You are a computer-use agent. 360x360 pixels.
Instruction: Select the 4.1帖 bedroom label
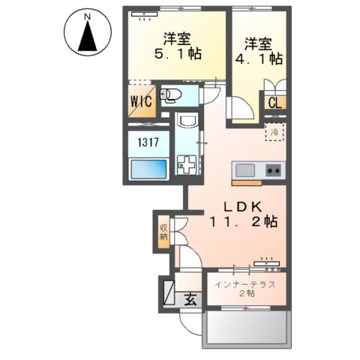pyautogui.click(x=256, y=49)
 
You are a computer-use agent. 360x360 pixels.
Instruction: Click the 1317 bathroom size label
pyautogui.click(x=145, y=141)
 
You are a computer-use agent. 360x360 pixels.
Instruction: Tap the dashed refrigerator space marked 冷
pyautogui.click(x=274, y=133)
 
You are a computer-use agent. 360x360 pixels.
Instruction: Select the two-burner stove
pyautogui.click(x=273, y=169)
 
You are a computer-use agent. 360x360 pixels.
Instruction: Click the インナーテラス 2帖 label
pyautogui.click(x=245, y=289)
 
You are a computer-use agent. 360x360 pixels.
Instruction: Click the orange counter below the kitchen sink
pyautogui.click(x=247, y=181)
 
